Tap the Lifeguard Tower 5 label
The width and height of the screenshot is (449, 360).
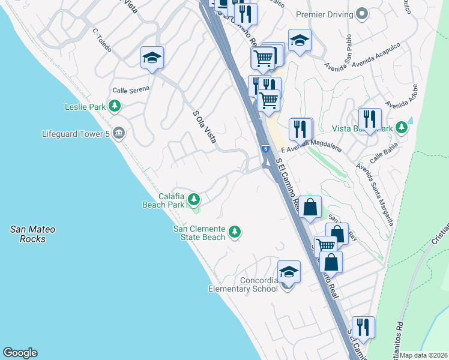pos(76,134)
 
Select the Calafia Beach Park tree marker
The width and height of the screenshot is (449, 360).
pos(193,199)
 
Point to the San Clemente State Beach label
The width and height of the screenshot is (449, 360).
pos(199,232)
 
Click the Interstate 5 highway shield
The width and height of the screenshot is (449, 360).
pos(265,148)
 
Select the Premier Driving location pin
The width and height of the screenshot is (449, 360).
pos(362,13)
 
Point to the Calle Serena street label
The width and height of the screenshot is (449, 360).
pos(130,90)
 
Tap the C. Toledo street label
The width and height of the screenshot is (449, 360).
pos(102,40)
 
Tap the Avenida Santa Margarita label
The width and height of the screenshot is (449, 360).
pos(374,193)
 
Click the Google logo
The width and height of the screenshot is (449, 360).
pos(20,353)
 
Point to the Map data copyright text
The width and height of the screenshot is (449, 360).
pos(424,355)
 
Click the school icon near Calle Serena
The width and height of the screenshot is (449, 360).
pos(152,58)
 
